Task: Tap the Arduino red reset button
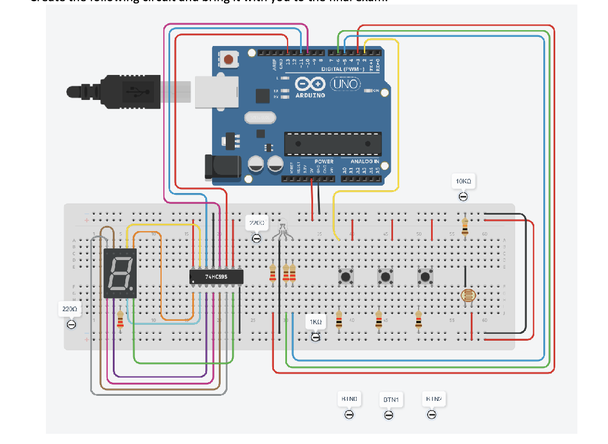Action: point(229,59)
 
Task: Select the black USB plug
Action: point(113,90)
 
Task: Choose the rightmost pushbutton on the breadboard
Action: point(425,277)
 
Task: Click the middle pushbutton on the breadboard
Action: point(386,277)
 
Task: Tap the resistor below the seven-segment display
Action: point(120,320)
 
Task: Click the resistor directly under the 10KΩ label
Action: point(465,225)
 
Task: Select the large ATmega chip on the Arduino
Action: point(332,143)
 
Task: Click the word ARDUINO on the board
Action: point(310,95)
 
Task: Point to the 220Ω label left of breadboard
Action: point(69,309)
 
